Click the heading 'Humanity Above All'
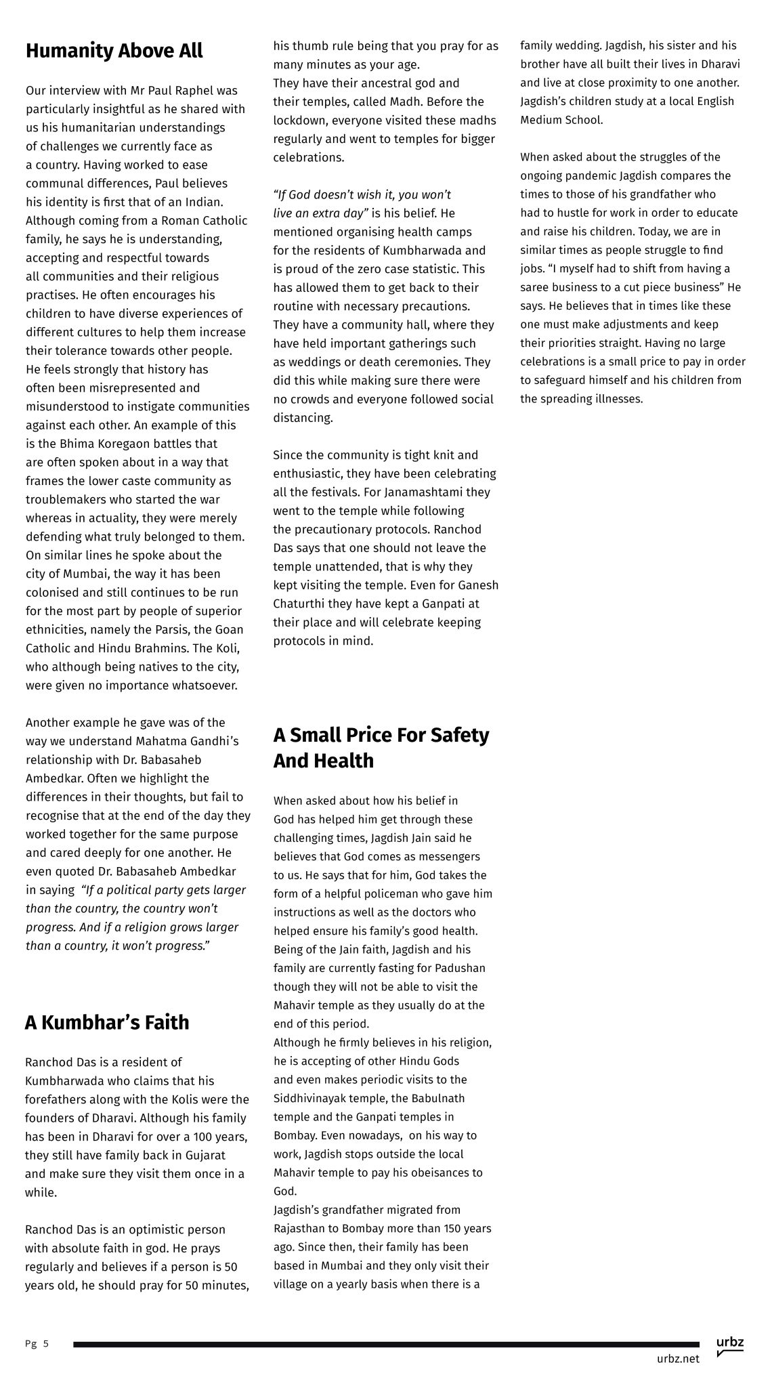click(x=114, y=51)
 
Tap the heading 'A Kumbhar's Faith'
click(x=107, y=1022)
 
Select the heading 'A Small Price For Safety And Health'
click(x=381, y=747)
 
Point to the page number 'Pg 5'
click(x=37, y=1343)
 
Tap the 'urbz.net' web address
click(x=677, y=1358)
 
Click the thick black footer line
click(x=386, y=1344)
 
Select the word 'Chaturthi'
click(x=298, y=604)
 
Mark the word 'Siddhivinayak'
click(x=308, y=1098)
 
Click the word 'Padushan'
click(x=457, y=968)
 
